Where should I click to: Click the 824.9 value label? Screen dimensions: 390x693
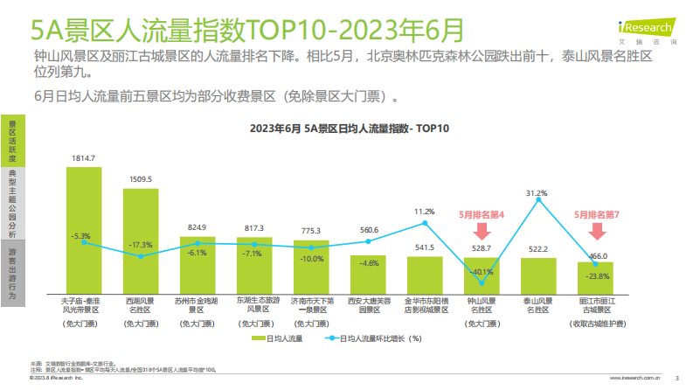click(198, 226)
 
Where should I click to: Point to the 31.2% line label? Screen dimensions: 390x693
click(537, 192)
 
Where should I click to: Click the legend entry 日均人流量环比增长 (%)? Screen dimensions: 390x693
click(376, 338)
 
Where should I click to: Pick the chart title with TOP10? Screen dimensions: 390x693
click(349, 129)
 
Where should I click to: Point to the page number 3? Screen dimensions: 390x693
click(678, 379)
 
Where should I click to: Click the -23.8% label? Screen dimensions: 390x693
click(596, 275)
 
